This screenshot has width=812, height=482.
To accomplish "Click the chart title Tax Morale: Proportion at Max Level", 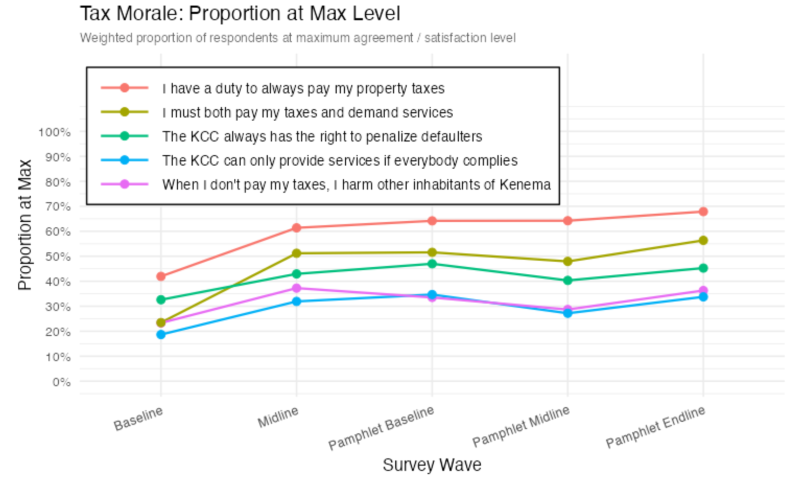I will point(240,14).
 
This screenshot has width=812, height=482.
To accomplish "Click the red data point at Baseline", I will point(161,276).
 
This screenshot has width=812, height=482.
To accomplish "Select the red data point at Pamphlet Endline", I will point(703,212).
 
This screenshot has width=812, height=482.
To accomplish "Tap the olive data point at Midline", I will point(297,253).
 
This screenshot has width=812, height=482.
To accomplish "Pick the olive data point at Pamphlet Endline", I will point(703,240).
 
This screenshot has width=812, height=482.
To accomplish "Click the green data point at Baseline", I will point(161,300).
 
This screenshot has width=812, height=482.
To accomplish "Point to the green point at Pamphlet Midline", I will point(567,280).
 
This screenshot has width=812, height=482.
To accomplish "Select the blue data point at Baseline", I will point(161,335).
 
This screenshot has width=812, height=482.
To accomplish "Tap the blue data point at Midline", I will point(297,301).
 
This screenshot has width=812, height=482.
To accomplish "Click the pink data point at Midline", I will point(297,288).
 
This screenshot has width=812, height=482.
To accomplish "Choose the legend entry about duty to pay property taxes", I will point(303,88).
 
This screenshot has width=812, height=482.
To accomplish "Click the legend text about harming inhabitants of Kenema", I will point(356,185).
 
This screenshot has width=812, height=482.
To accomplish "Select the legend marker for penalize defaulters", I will point(124,136).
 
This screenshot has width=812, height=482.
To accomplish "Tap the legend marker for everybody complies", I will point(124,160).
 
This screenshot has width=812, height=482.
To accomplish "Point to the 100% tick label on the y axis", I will point(55,132).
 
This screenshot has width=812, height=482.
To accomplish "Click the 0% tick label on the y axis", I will point(61,382).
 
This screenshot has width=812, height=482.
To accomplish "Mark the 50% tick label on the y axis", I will point(58,256).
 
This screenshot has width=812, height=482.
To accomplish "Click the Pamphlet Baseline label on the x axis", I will point(381,428).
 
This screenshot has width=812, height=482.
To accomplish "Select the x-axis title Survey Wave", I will point(432,465).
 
